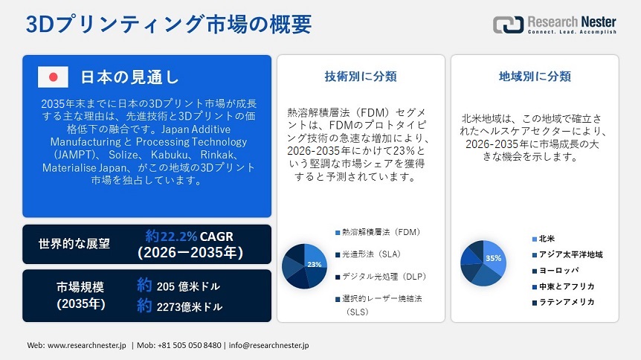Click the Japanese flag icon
[x=53, y=77]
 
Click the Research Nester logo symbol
[x=508, y=24]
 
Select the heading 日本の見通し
[x=129, y=77]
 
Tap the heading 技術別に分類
[x=361, y=76]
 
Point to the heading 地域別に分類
[x=534, y=76]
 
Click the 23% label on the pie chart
[x=314, y=264]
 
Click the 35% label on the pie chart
[x=493, y=258]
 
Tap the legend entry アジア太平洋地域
[x=570, y=254]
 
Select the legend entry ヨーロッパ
[x=558, y=270]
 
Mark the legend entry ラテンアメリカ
[x=569, y=302]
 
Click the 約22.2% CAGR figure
[x=190, y=237]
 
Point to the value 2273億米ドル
[x=189, y=306]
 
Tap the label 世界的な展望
[x=74, y=244]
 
